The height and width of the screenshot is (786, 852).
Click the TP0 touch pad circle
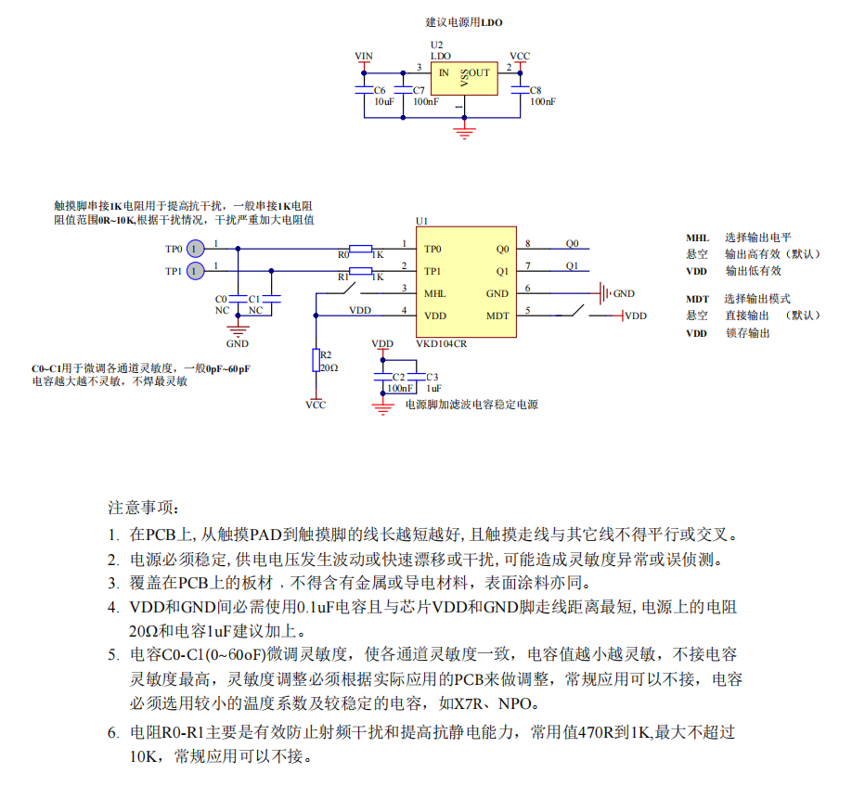(194, 249)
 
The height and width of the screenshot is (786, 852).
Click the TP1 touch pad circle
(194, 271)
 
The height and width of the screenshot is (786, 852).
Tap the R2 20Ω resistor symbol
(317, 361)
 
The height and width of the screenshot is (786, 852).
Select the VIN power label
(364, 57)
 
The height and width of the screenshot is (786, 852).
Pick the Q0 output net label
(572, 244)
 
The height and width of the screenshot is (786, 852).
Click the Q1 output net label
(572, 266)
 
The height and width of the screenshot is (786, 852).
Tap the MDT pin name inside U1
(498, 316)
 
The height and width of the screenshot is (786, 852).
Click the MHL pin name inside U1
(434, 294)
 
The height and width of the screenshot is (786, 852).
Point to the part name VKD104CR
(441, 342)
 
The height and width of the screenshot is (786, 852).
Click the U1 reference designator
(421, 221)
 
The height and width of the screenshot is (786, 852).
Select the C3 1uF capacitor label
(432, 382)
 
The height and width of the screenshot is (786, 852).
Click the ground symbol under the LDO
(465, 129)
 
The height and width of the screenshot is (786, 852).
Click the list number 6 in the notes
(112, 733)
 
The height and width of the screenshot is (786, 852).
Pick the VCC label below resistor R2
(316, 406)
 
